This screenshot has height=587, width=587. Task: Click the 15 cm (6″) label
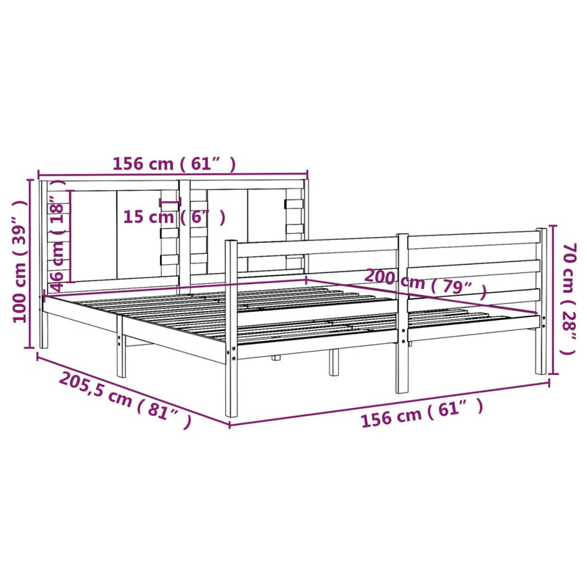pos(174,217)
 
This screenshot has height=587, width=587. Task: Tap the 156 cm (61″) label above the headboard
pos(174,164)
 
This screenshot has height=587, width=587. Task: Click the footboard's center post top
pos(402,237)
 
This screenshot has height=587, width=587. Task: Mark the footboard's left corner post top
pos(231,243)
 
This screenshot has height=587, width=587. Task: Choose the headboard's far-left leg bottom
pos(44,344)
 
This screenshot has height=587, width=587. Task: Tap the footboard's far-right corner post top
pos(542,230)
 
